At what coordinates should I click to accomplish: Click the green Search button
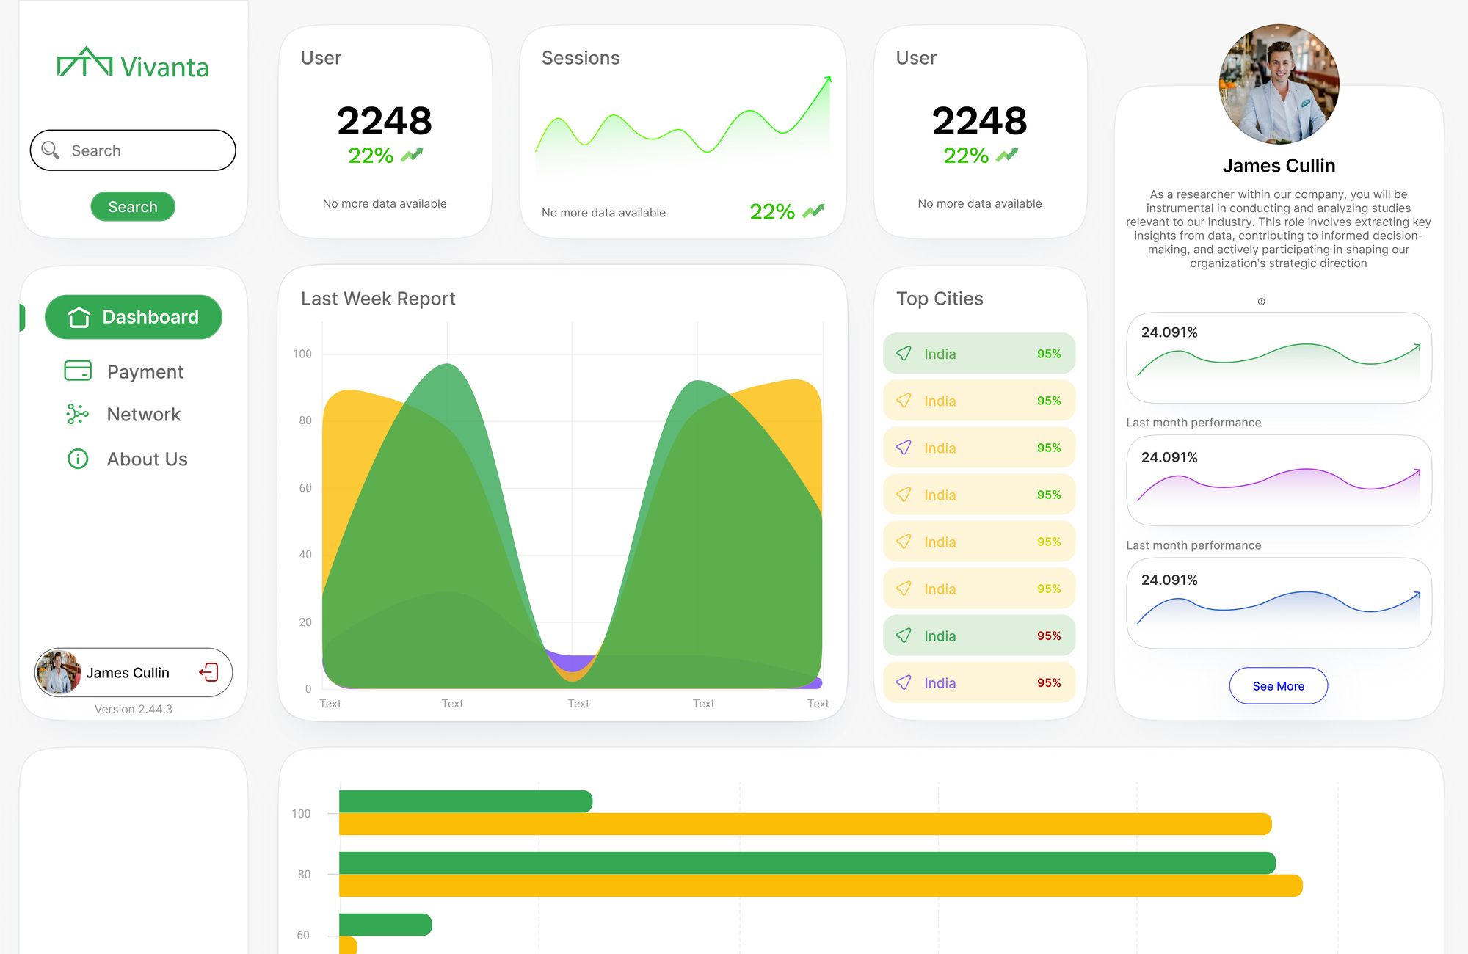point(133,207)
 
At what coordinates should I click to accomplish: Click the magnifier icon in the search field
point(51,150)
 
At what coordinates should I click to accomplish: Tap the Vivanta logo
point(133,65)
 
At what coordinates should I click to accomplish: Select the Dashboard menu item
point(134,317)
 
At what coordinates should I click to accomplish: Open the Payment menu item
point(145,371)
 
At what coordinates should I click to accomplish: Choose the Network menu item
point(143,415)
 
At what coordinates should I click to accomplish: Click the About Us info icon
point(78,459)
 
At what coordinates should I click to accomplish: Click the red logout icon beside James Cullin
point(208,672)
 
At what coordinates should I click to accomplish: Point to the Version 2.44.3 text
point(134,709)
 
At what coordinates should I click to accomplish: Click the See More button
point(1278,686)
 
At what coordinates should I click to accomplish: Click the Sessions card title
point(581,58)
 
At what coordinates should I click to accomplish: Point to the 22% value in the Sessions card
point(772,212)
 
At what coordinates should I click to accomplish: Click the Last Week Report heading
point(378,299)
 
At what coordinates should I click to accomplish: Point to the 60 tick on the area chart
point(305,488)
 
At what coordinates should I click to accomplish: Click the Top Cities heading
point(940,299)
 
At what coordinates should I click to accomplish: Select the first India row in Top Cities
point(978,354)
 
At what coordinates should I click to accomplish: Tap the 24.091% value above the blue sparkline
point(1169,580)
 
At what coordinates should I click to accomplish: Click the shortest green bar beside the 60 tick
point(385,924)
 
